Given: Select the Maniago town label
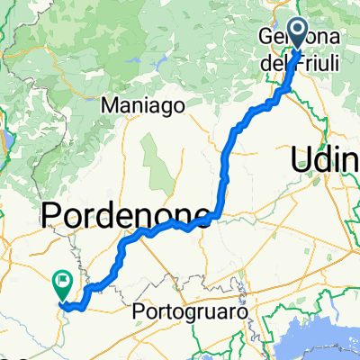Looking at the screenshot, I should pyautogui.click(x=143, y=105).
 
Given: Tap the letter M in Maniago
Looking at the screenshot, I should pyautogui.click(x=109, y=105).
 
